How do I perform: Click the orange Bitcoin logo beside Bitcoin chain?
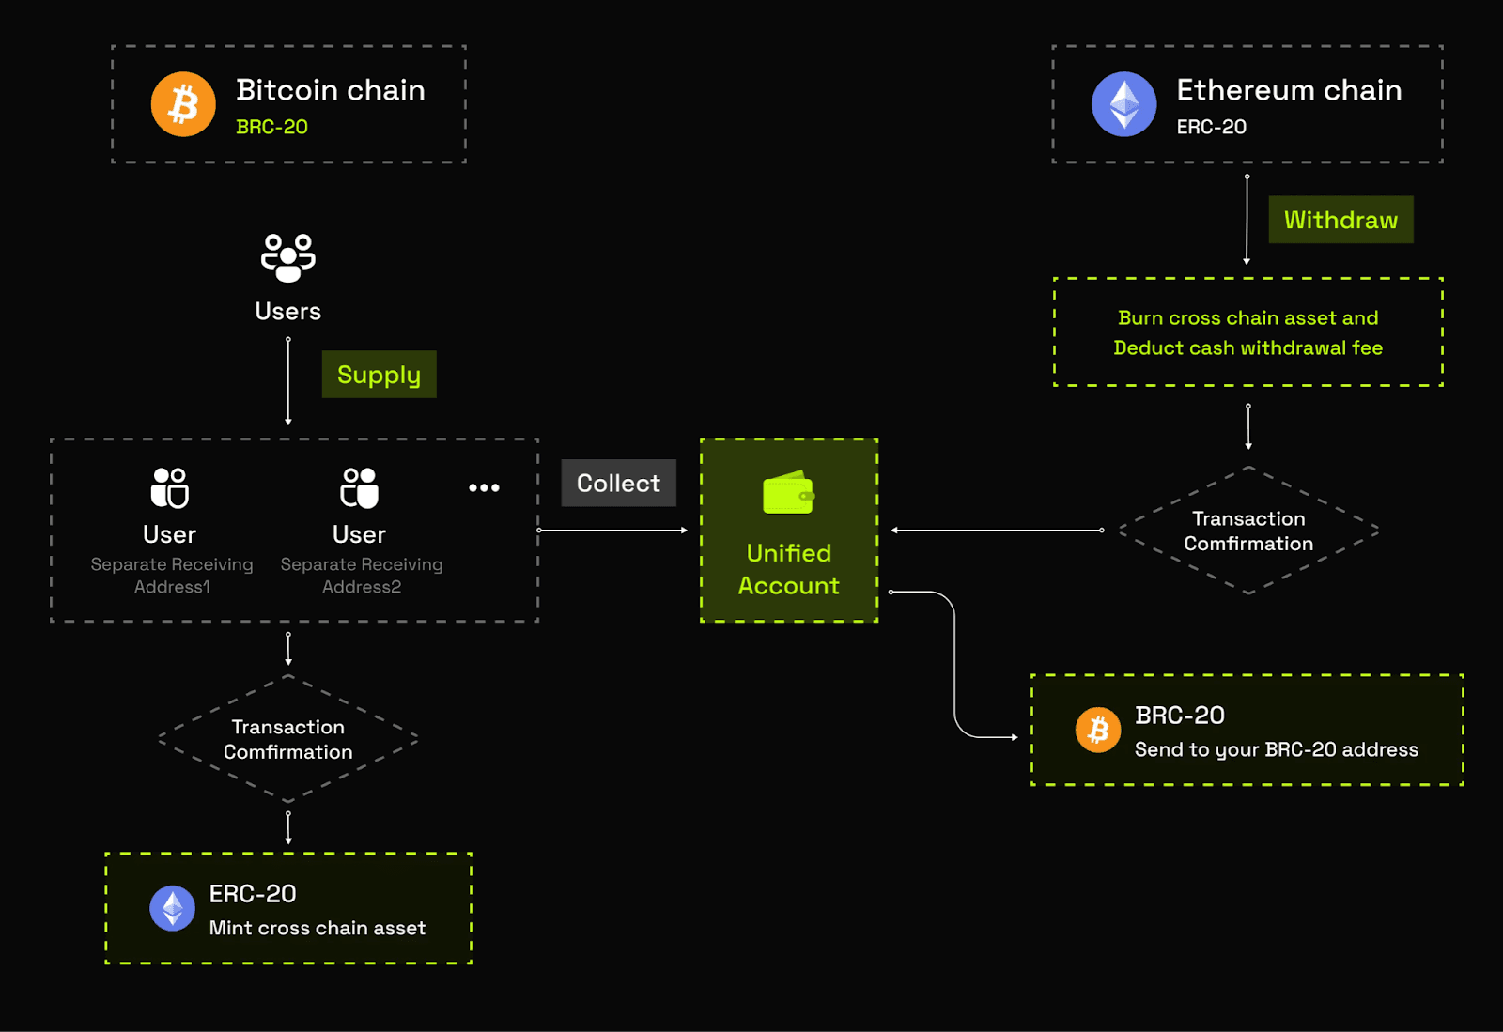pyautogui.click(x=183, y=104)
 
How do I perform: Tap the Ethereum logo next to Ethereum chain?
pyautogui.click(x=1123, y=104)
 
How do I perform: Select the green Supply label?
pyautogui.click(x=379, y=375)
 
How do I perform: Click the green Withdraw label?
pyautogui.click(x=1340, y=220)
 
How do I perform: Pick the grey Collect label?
pyautogui.click(x=618, y=483)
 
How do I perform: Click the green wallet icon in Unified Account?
pyautogui.click(x=788, y=492)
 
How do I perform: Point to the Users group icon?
pyautogui.click(x=287, y=258)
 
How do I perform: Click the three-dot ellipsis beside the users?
pyautogui.click(x=484, y=487)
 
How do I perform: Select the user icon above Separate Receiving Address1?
pyautogui.click(x=170, y=488)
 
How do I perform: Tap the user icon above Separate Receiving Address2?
pyautogui.click(x=360, y=488)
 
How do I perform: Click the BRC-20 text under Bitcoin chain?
pyautogui.click(x=271, y=127)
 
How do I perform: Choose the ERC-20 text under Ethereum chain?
pyautogui.click(x=1211, y=127)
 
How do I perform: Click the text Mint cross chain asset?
pyautogui.click(x=317, y=928)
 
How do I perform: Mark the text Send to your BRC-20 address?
pyautogui.click(x=1276, y=749)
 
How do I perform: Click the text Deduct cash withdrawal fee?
pyautogui.click(x=1247, y=347)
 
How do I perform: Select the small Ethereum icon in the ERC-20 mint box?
pyautogui.click(x=173, y=908)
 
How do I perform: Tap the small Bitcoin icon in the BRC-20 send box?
pyautogui.click(x=1098, y=730)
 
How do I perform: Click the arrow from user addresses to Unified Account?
pyautogui.click(x=612, y=531)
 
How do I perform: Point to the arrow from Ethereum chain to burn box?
pyautogui.click(x=1247, y=220)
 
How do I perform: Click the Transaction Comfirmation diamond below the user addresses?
pyautogui.click(x=288, y=739)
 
